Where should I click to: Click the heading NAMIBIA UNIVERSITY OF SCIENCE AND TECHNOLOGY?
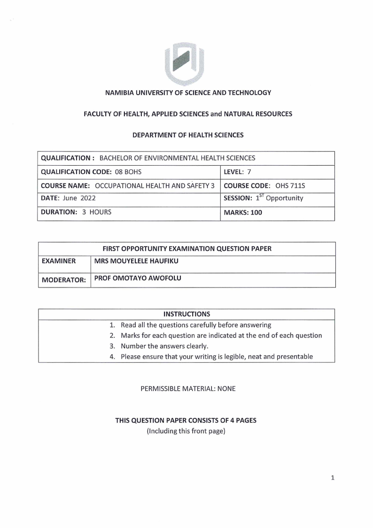188,93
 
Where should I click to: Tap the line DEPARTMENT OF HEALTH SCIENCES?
188,135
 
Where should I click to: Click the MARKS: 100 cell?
243,212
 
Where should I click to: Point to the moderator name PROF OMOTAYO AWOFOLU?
138,278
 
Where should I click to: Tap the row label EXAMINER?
59,261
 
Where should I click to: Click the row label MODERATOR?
64,280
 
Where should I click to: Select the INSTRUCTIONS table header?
186,314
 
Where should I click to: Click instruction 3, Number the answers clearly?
164,346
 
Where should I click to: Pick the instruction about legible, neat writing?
217,356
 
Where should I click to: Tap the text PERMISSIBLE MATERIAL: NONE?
188,389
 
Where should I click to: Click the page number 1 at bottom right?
333,478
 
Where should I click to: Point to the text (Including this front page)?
186,431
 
